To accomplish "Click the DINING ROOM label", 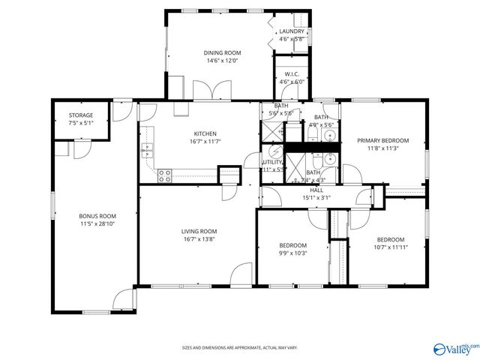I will (x=221, y=52).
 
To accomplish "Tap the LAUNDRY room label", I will (x=291, y=31).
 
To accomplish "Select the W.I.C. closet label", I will (x=292, y=74).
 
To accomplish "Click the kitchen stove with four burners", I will (x=164, y=175).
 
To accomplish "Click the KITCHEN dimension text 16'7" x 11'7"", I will (x=204, y=141).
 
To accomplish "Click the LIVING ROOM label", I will (x=199, y=231).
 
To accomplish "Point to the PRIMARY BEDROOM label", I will (x=382, y=140).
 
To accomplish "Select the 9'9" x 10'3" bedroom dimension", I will (x=292, y=253).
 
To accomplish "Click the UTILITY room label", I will (x=271, y=162).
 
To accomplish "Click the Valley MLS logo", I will (x=454, y=349).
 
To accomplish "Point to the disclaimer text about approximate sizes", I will (x=240, y=347).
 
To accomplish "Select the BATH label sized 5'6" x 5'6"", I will (x=280, y=106).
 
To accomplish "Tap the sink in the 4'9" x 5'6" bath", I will (x=328, y=136).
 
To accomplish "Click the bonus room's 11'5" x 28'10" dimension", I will (x=97, y=223).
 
